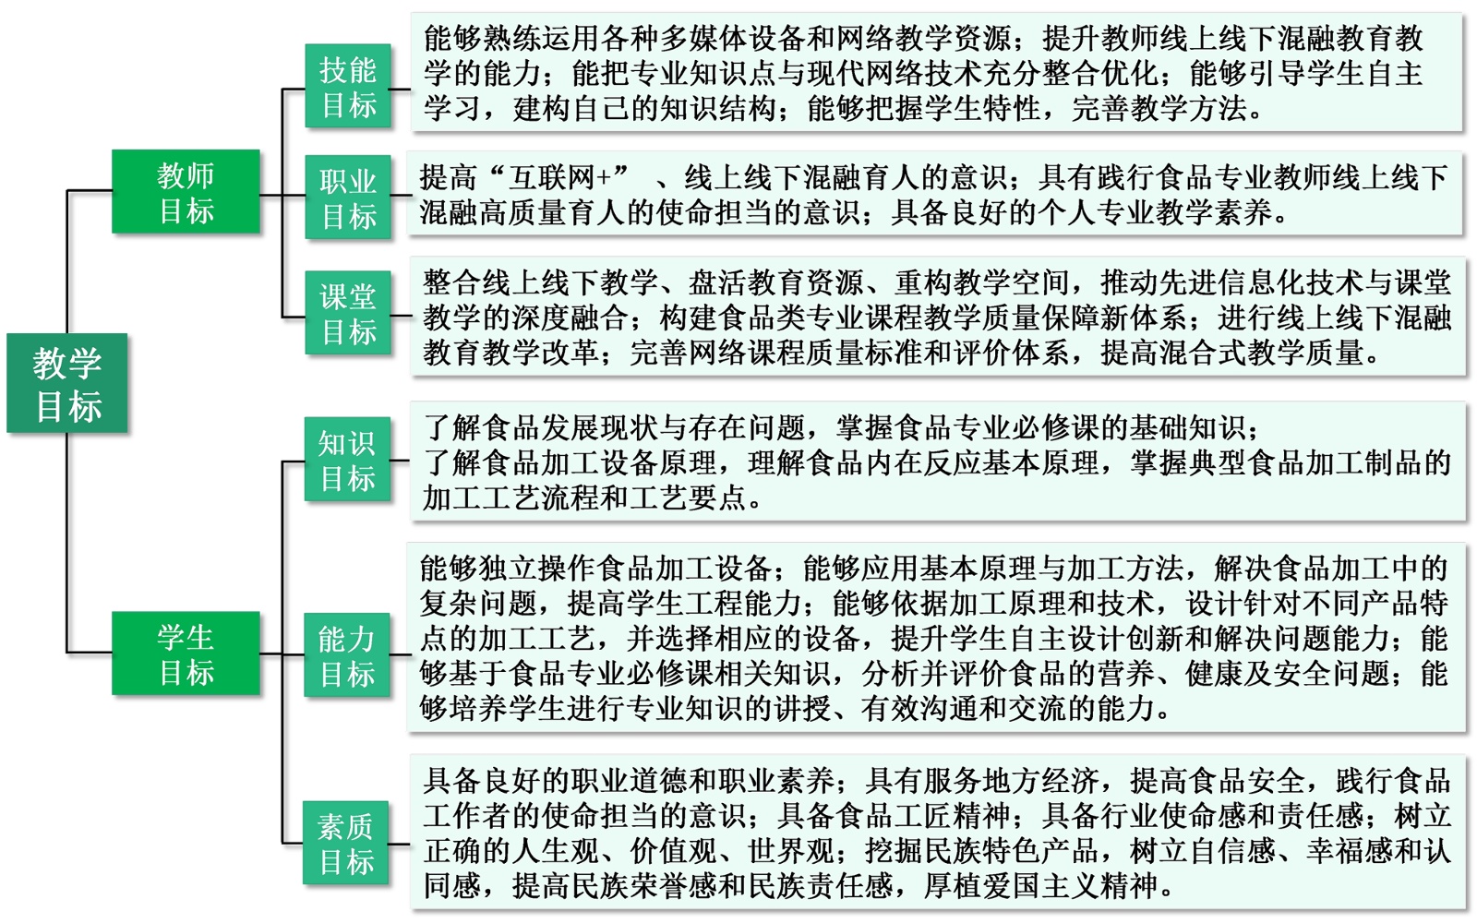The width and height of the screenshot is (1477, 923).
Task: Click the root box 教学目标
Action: tap(66, 383)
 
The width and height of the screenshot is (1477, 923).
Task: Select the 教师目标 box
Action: tap(186, 192)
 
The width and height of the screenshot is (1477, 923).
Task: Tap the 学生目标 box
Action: tap(186, 653)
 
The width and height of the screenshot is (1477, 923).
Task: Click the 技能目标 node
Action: tap(348, 87)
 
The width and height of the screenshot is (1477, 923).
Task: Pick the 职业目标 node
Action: tap(348, 198)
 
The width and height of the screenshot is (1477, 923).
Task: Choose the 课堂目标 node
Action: tap(348, 313)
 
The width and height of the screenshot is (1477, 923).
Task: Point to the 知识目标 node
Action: tap(347, 460)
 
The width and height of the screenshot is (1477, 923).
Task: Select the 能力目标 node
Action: tap(347, 655)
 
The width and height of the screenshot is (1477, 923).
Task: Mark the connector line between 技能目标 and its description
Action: tap(400, 90)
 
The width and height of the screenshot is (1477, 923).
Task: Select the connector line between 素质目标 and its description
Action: tap(400, 844)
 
